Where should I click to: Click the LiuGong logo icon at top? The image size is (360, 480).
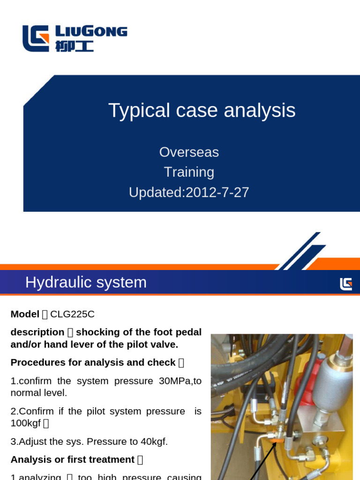(36, 38)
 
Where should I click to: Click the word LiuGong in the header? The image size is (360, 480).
(91, 31)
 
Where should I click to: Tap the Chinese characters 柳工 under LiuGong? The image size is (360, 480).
(74, 46)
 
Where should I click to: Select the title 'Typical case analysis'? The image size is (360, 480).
(202, 110)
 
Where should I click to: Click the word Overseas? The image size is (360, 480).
(189, 152)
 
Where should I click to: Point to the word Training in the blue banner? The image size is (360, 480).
(189, 172)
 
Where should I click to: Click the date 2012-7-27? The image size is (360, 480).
(217, 192)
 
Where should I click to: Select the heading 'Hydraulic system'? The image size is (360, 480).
(86, 282)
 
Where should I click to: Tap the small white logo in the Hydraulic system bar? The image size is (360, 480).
(346, 284)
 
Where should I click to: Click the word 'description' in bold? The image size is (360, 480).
(37, 332)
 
